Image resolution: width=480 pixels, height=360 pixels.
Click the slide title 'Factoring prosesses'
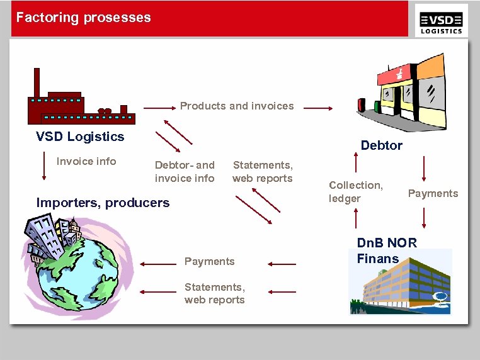coord(83,18)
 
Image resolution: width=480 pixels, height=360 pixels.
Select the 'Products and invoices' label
coord(237,106)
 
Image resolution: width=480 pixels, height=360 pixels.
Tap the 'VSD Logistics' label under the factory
coord(80,137)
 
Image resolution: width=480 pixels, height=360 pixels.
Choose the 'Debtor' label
coord(381,145)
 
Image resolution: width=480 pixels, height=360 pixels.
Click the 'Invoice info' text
coord(86,162)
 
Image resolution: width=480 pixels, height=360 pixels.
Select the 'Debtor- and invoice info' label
coord(185,172)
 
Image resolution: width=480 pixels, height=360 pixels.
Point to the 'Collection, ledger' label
coord(355,191)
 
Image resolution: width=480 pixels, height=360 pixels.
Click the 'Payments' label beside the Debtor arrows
coord(433,193)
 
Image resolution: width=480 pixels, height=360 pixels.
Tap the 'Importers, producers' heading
coord(103,203)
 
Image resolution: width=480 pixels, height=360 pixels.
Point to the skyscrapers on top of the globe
coord(54,233)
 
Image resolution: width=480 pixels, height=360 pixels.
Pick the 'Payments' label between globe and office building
coord(209,261)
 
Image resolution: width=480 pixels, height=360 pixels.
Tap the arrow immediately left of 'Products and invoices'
coord(159,108)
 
